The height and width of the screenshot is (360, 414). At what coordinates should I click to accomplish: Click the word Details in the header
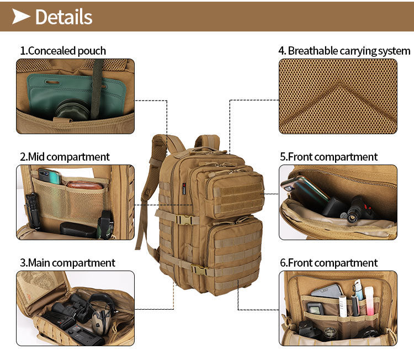coord(64,17)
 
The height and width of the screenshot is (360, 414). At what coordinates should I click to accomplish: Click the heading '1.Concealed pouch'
coord(63,51)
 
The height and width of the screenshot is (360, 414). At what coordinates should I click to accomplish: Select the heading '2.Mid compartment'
coord(65,157)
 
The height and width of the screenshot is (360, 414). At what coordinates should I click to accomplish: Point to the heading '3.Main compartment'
coord(67,263)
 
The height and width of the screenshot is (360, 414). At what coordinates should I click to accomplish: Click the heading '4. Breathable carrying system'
coord(344,51)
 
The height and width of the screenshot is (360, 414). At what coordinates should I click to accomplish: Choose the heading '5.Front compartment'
coord(329,157)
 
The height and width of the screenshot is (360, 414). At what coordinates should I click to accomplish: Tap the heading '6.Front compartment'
coord(329,263)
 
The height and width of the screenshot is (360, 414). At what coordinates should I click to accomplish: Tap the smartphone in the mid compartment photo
coord(49,176)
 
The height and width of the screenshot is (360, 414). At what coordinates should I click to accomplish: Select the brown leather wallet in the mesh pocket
coord(84,185)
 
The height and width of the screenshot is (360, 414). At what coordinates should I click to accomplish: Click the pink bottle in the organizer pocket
coord(369,301)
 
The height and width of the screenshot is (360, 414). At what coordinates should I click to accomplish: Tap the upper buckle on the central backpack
coord(184,220)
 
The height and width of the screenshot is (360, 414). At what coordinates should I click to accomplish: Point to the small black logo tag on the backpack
coord(184,189)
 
